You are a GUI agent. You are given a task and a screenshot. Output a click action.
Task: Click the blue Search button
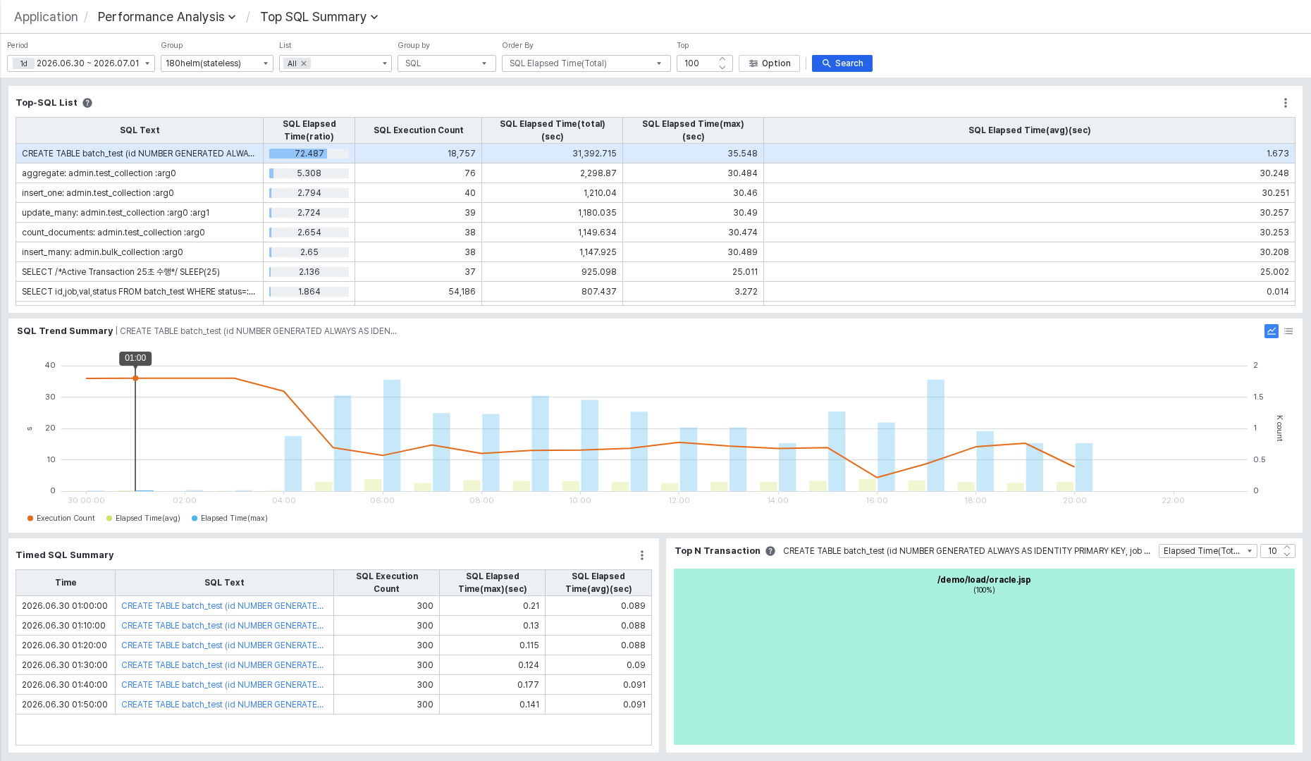click(x=842, y=63)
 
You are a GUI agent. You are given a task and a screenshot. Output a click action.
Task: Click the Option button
click(x=769, y=63)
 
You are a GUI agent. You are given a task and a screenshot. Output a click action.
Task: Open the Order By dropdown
click(x=586, y=63)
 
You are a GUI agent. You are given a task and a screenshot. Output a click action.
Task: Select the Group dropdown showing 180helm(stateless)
click(x=216, y=63)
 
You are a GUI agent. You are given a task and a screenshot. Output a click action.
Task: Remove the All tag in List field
click(x=304, y=63)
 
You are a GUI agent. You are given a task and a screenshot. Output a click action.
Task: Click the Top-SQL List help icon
click(x=87, y=103)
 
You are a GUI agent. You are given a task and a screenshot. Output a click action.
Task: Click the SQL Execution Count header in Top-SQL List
click(x=418, y=130)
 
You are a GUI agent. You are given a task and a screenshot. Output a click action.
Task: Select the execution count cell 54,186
click(x=462, y=292)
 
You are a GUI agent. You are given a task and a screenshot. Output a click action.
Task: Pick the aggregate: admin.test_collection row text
click(x=99, y=173)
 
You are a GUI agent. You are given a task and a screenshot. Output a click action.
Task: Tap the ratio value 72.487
click(x=309, y=154)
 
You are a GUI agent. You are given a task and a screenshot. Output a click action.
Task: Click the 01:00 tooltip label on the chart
click(x=135, y=358)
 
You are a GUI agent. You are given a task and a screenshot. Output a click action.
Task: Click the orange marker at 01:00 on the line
click(x=135, y=378)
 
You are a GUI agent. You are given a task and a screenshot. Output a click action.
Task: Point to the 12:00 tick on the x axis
click(x=679, y=500)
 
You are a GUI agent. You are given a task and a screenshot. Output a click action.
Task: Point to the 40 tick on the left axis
click(x=50, y=365)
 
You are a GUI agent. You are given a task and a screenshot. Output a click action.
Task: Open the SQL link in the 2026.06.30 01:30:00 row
click(x=222, y=665)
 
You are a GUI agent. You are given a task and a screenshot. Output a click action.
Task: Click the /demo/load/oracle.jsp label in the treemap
click(x=984, y=580)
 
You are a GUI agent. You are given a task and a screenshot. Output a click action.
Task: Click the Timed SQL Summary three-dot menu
click(x=642, y=555)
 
